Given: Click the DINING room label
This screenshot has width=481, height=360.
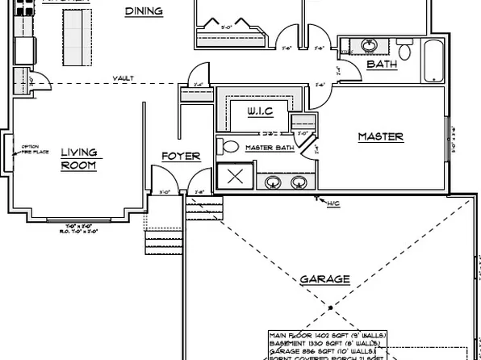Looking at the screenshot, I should coord(144,11).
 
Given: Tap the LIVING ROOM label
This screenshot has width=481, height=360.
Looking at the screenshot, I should coord(78,159).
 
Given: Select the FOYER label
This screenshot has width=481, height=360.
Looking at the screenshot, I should coord(181,156).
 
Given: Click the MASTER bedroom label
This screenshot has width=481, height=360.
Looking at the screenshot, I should coord(380,137).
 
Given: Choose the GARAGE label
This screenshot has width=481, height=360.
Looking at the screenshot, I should coord(324,279).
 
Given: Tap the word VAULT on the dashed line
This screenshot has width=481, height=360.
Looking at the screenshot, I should coord(123,78).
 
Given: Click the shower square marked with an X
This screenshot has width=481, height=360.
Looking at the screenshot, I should coord(236,178).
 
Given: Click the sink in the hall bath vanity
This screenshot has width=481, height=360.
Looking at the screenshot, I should coord(369,44).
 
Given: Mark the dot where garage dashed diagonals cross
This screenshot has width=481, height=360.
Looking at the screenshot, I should coord(329,308).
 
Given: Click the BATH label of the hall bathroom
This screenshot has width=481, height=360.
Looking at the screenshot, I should coord(381,65).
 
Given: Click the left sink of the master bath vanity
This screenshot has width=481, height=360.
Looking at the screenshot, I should coord(274,181).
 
